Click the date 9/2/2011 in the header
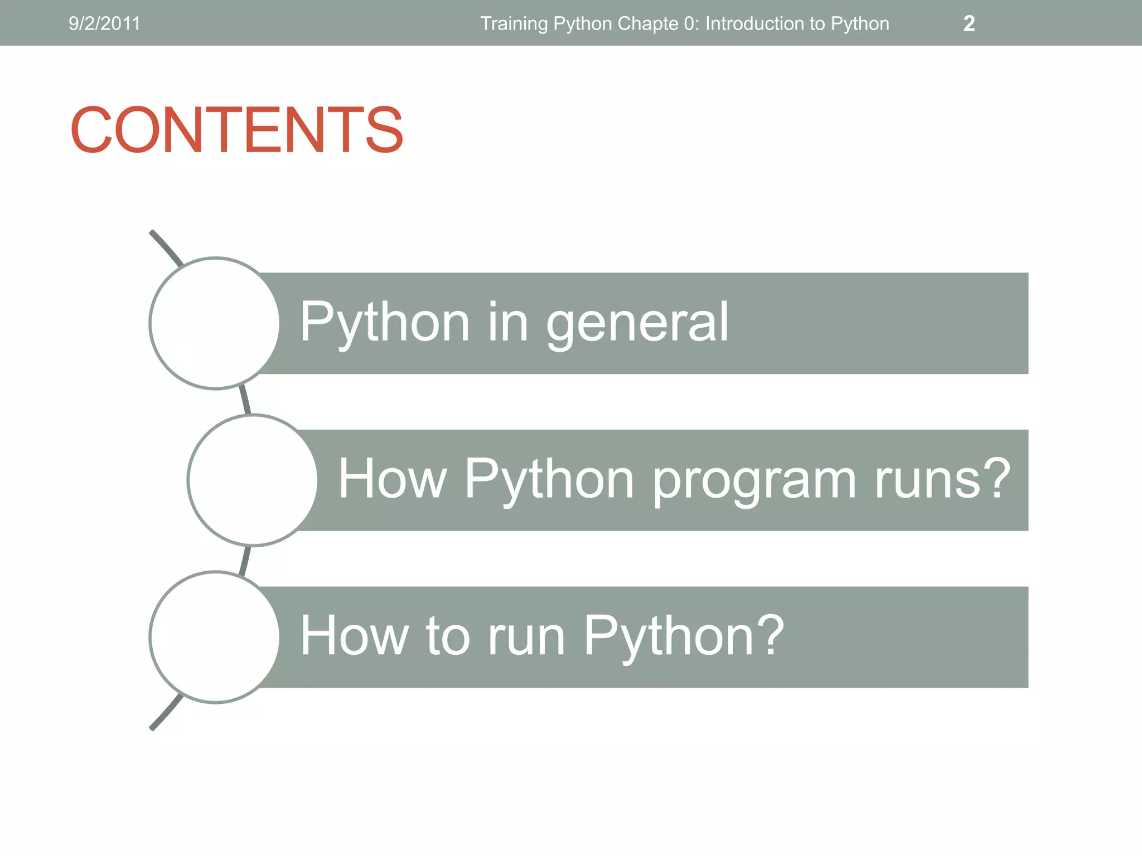click(x=104, y=23)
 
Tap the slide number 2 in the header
click(x=969, y=23)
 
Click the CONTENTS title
click(x=236, y=130)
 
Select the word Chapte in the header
click(x=647, y=23)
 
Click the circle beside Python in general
click(x=215, y=323)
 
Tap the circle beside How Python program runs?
click(x=253, y=480)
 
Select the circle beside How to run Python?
click(x=215, y=637)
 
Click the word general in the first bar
click(x=637, y=323)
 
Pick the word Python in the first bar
click(x=385, y=323)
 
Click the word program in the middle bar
click(x=754, y=480)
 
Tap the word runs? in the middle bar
click(x=942, y=480)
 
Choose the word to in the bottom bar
click(x=448, y=637)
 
